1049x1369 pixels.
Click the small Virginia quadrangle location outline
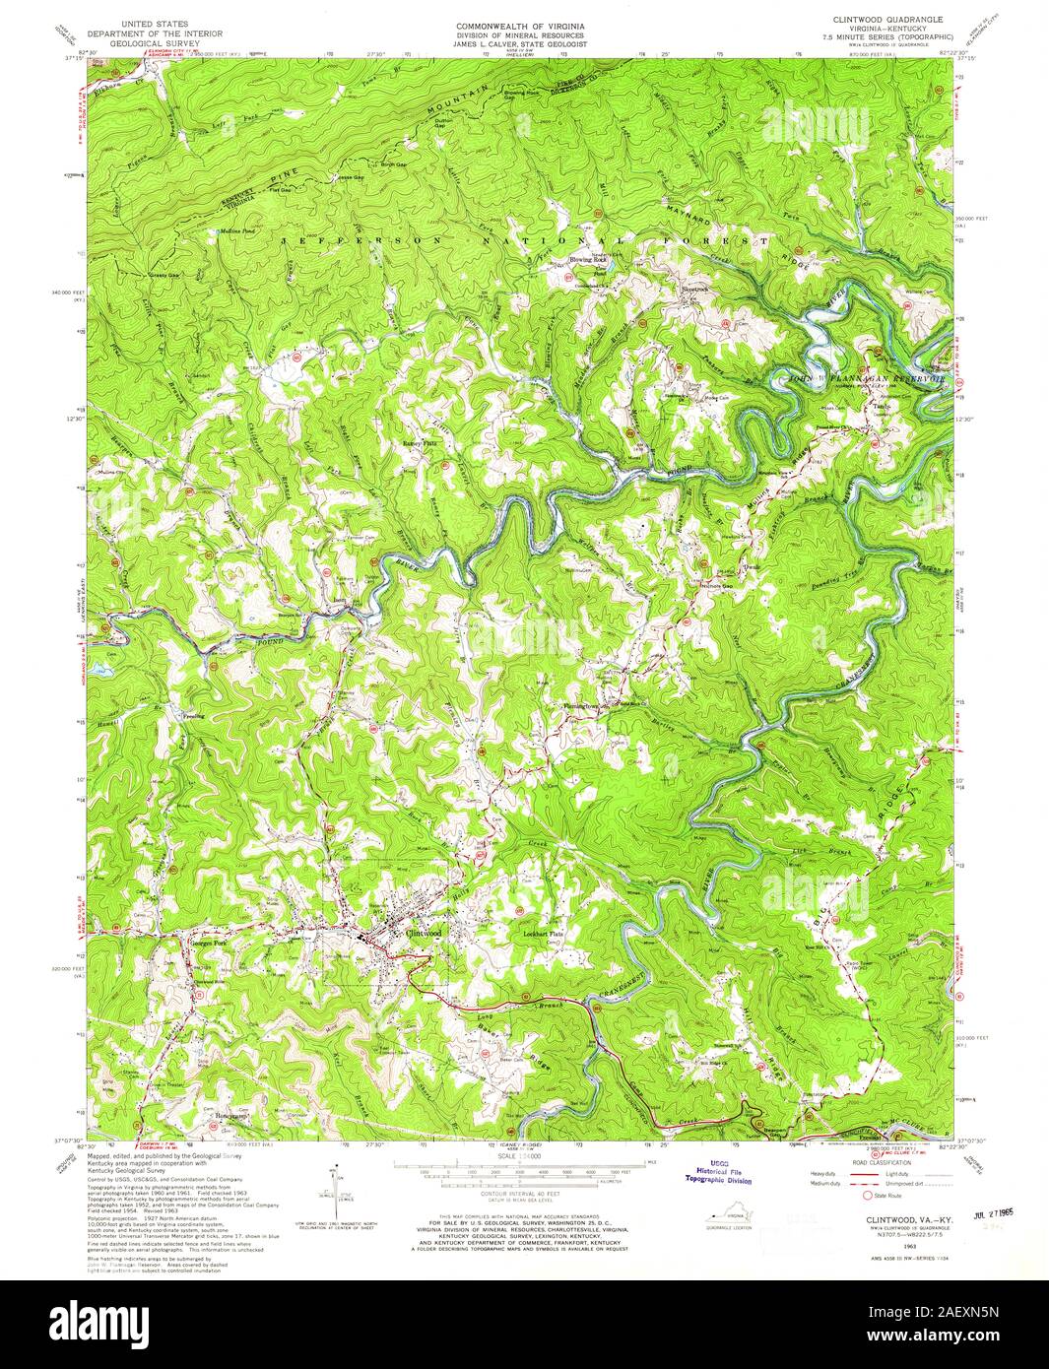tap(730, 1220)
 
